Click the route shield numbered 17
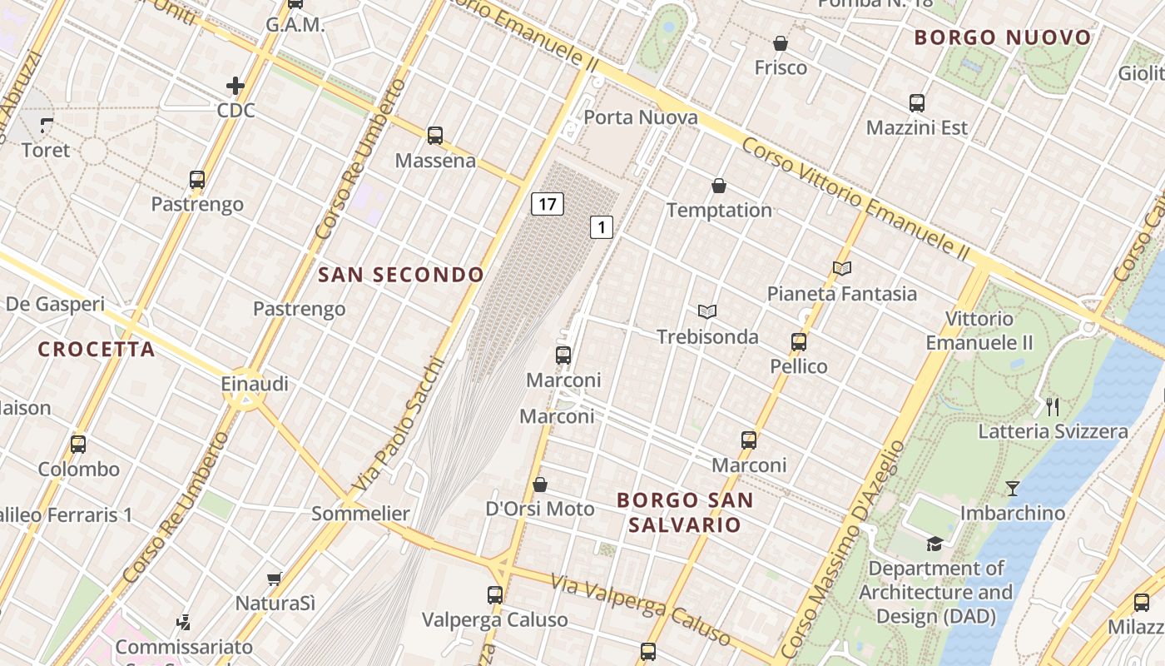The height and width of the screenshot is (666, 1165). click(547, 203)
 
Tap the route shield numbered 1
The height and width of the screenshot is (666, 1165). click(602, 226)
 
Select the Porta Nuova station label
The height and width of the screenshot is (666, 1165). click(640, 117)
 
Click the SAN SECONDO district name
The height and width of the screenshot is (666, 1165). click(401, 275)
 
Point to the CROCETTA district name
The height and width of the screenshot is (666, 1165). click(97, 350)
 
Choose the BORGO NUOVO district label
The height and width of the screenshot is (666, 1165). click(1002, 37)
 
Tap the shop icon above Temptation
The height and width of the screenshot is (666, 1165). click(719, 186)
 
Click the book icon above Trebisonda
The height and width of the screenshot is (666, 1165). click(707, 311)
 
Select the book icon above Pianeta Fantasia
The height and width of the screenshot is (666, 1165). click(842, 268)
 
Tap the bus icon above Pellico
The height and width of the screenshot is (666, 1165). click(799, 341)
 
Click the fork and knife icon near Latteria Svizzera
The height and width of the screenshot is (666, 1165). click(1053, 406)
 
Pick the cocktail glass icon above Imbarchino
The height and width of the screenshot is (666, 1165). click(1012, 488)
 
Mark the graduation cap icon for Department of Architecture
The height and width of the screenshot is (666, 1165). click(935, 544)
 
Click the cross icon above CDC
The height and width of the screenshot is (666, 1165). click(235, 85)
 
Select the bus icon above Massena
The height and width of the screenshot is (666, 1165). click(434, 135)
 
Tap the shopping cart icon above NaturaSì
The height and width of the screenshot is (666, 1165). click(275, 579)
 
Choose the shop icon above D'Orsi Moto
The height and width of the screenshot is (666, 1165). click(540, 485)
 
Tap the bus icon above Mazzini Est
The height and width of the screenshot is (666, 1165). click(917, 103)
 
